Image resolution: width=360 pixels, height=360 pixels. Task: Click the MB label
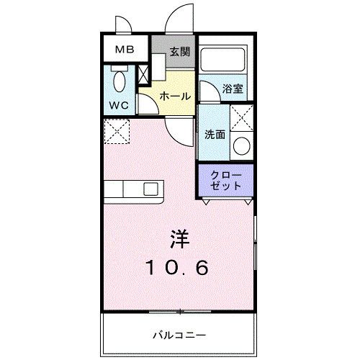125,51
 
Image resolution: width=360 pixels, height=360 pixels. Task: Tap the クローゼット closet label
225,180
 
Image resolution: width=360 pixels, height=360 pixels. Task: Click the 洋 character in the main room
180,237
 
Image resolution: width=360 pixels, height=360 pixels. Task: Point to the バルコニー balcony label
179,335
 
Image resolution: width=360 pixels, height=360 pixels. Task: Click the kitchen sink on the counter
150,189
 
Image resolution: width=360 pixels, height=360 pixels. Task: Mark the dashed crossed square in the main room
114,130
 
